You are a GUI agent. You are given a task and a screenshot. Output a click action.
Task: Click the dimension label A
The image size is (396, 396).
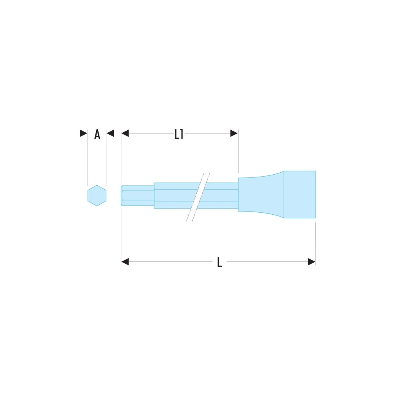click(x=97, y=134)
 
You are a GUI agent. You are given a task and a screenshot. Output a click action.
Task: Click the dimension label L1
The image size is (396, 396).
click(x=179, y=134)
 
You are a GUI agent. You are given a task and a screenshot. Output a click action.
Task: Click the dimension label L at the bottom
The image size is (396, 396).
click(x=219, y=262)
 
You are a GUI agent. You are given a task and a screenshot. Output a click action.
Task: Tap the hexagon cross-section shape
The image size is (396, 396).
click(x=97, y=196)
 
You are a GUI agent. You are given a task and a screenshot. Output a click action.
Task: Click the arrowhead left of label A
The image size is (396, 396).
click(x=84, y=133)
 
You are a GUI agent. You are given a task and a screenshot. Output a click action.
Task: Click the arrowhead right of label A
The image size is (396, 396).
click(x=110, y=133)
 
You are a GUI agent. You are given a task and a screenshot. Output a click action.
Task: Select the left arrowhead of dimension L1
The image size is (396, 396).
click(x=125, y=133)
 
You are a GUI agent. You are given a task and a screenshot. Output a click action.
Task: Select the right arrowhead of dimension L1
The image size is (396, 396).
click(x=234, y=133)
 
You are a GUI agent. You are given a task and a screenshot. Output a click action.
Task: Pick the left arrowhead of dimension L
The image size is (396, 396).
click(x=125, y=262)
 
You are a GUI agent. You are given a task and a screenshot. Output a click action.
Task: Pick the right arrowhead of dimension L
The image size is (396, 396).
click(x=312, y=262)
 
